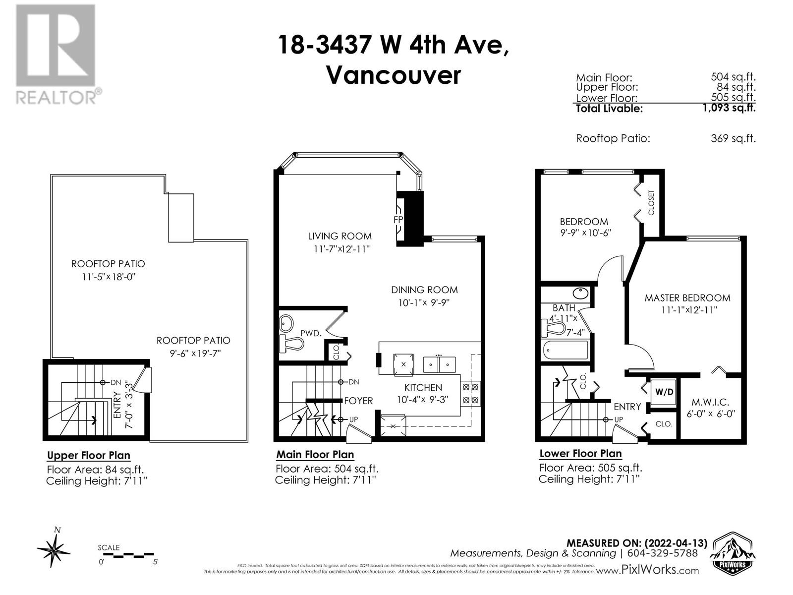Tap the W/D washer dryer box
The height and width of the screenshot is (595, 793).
pos(665,392)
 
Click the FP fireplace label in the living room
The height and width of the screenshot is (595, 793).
pos(398,219)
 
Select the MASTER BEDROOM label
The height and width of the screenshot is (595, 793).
pos(687,298)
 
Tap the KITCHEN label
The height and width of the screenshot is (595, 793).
pos(423,388)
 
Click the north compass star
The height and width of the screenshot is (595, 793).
pos(54,549)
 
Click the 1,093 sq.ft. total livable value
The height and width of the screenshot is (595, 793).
pos(729,108)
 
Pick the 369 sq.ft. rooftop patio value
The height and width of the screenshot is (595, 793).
pos(733,139)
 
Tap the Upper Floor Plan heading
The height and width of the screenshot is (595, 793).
pos(88,456)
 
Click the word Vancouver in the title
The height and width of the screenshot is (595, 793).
pos(393,76)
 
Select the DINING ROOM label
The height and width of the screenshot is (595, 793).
pos(424,290)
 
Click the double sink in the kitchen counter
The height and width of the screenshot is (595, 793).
pos(439,364)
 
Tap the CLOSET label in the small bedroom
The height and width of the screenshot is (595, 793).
pos(651,202)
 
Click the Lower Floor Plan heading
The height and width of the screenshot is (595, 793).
pos(580,454)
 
